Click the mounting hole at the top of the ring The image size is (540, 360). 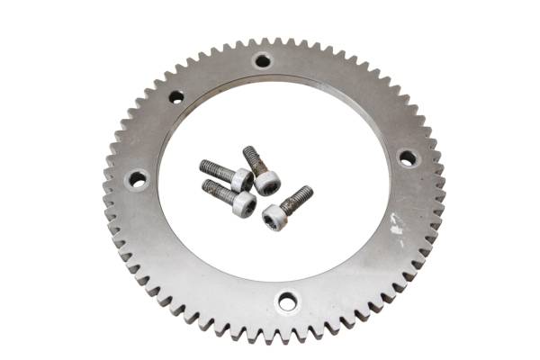click(262, 61)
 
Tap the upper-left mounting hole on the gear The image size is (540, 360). click(176, 96)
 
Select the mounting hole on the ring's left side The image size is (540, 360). click(138, 178)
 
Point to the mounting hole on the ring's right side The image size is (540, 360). click(408, 158)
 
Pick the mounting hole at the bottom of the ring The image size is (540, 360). click(287, 302)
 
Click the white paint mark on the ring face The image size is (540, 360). click(396, 230)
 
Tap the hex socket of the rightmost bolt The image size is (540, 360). click(273, 217)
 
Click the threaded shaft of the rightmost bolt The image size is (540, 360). click(298, 196)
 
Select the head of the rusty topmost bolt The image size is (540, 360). click(266, 182)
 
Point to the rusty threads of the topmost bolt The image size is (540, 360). click(251, 158)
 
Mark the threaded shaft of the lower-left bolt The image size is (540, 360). click(217, 189)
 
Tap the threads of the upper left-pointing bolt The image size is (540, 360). click(214, 168)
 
